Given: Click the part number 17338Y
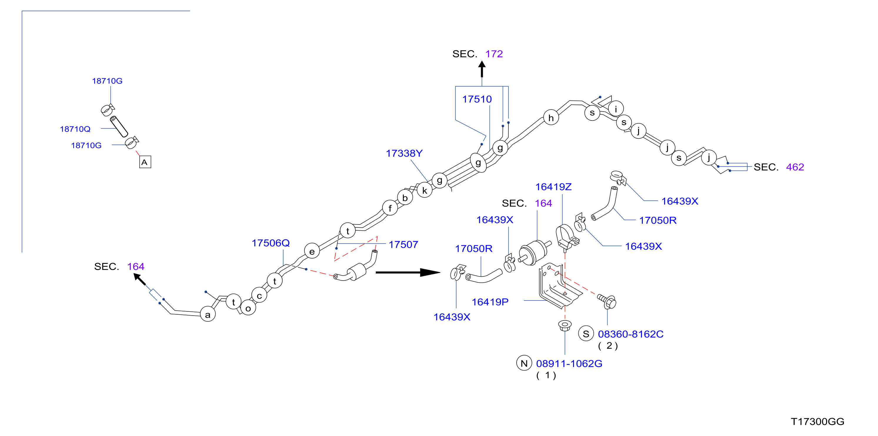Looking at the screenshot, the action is tap(404, 153).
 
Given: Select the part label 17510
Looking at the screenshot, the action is tap(477, 99).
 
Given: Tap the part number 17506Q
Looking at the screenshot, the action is tap(271, 243).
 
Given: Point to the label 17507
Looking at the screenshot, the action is tap(403, 244).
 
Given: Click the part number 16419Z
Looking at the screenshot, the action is tap(553, 187).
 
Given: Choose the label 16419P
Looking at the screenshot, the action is tap(490, 302).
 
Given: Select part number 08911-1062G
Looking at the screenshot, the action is tap(569, 364).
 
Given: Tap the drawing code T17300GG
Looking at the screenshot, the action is tap(817, 422).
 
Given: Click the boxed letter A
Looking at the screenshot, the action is tap(145, 162).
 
